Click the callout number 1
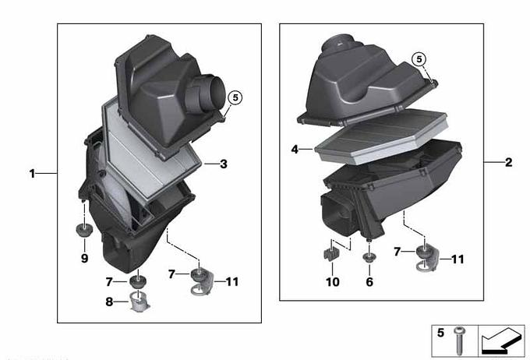click(x=32, y=174)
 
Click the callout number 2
click(x=509, y=163)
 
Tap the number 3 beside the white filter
click(x=224, y=164)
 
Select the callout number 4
click(x=295, y=149)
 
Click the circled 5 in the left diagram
click(x=235, y=97)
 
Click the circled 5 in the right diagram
click(x=419, y=59)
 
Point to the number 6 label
click(x=369, y=281)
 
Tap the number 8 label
click(x=109, y=302)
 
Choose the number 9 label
click(x=84, y=259)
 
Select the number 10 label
click(x=332, y=281)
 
